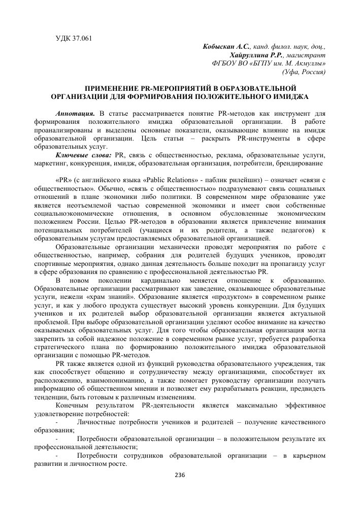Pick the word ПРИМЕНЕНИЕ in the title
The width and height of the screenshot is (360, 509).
coord(109,88)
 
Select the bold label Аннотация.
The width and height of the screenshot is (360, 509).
coord(76,112)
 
